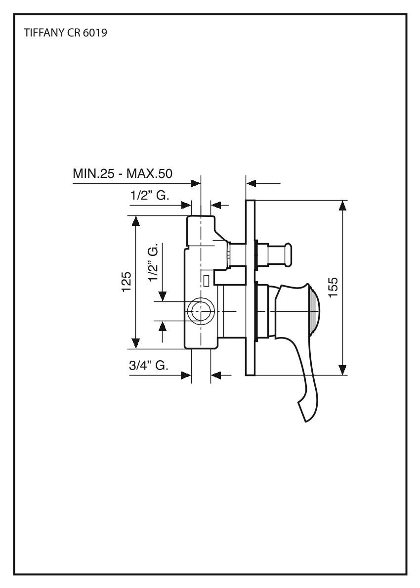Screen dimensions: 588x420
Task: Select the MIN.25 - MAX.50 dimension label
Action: click(126, 174)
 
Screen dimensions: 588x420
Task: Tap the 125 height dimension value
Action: click(127, 282)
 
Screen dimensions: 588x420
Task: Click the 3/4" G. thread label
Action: click(149, 366)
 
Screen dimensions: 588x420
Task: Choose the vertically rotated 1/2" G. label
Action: click(155, 262)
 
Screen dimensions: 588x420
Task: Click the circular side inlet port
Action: click(201, 311)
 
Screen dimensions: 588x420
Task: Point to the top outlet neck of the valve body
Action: click(201, 225)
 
